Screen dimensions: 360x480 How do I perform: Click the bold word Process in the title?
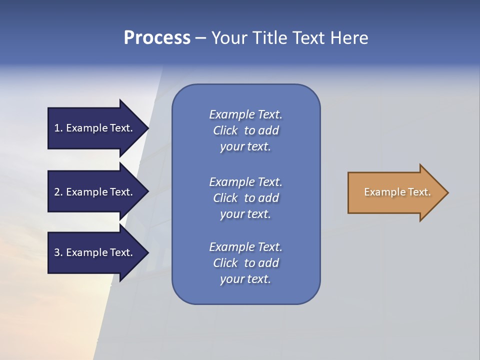click(157, 38)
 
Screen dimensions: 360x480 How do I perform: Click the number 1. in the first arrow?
click(58, 128)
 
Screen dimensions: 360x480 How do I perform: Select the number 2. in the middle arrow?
click(58, 192)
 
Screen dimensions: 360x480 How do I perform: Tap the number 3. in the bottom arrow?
click(58, 252)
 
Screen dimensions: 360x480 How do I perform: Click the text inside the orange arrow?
click(397, 192)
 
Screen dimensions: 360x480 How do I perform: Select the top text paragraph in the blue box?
click(245, 130)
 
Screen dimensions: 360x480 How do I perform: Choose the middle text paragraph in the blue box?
click(245, 198)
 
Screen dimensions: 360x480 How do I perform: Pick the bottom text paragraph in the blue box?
click(245, 263)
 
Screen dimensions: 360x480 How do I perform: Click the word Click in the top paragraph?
click(225, 130)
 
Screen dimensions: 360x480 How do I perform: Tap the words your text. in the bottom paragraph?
click(245, 279)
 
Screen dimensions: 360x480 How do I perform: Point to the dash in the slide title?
click(200, 38)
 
